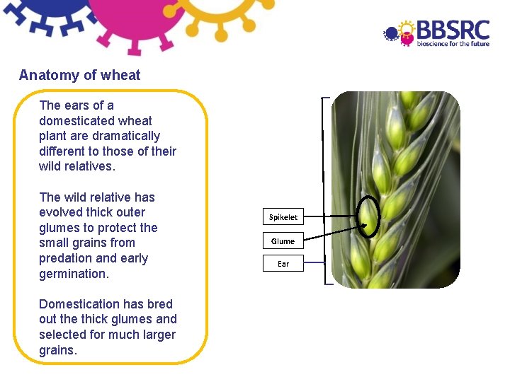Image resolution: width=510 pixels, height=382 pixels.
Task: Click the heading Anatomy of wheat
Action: [x=80, y=75]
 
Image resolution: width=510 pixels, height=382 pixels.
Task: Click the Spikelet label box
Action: [x=283, y=217]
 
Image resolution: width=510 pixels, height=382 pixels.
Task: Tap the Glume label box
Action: [x=283, y=241]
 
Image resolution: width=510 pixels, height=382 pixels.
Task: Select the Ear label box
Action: [x=283, y=264]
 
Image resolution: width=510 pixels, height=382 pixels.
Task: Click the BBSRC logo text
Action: [x=453, y=30]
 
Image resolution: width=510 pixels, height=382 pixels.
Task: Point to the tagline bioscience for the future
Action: [x=453, y=44]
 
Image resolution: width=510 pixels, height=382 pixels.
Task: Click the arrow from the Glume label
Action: [x=333, y=234]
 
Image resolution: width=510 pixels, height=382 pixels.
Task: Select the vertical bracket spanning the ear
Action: [x=325, y=191]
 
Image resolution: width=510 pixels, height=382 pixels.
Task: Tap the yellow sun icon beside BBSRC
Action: [x=407, y=28]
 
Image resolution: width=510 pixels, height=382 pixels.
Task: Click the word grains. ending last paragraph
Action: [x=57, y=350]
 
